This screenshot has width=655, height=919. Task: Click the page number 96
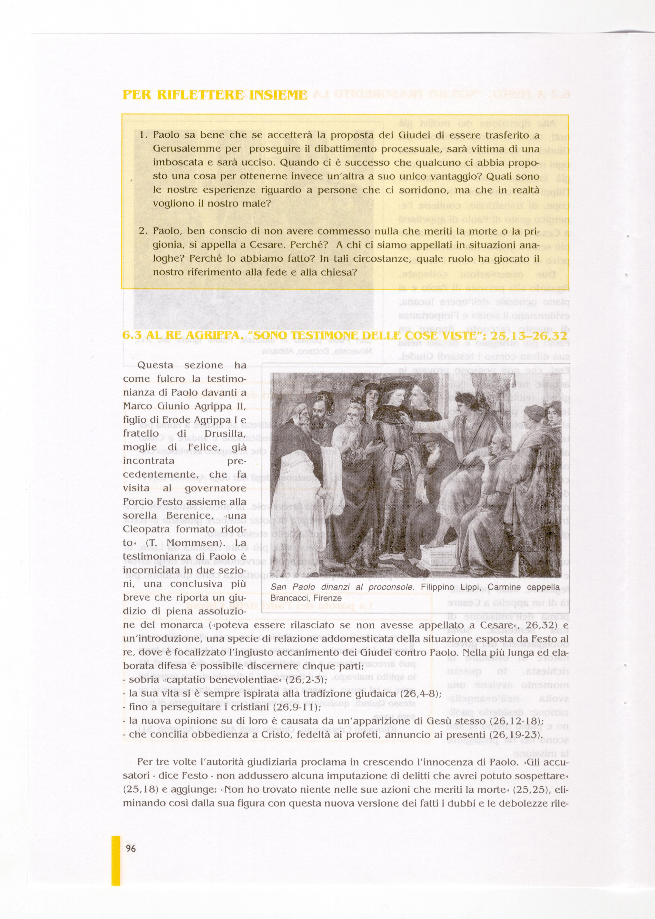(131, 848)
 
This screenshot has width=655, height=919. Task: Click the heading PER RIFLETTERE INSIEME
(215, 95)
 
